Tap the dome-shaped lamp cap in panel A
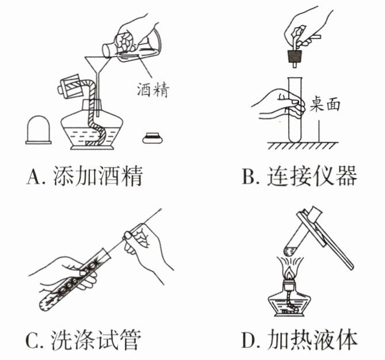39,129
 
